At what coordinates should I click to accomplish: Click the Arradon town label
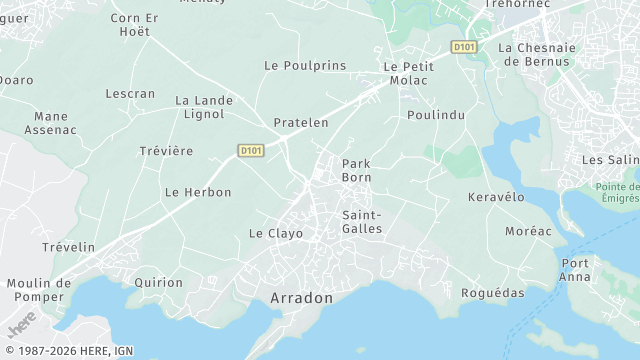tap(301, 298)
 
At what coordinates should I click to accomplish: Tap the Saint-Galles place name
tap(362, 222)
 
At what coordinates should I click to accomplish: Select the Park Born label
tap(357, 170)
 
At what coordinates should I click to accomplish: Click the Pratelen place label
tap(301, 123)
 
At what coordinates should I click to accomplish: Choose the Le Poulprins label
tap(305, 65)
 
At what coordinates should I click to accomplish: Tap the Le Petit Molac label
tap(407, 73)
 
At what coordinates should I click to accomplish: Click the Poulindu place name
tap(437, 115)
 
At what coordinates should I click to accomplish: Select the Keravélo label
tap(496, 197)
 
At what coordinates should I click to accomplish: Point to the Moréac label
tap(528, 231)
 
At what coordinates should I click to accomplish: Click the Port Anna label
tap(575, 270)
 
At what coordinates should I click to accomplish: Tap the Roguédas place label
tap(492, 293)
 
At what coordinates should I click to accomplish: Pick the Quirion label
tap(159, 283)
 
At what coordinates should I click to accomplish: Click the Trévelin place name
tap(68, 247)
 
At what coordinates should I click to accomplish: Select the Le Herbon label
tap(198, 192)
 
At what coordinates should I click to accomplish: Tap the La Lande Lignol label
tap(204, 108)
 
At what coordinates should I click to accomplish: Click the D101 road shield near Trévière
tap(251, 151)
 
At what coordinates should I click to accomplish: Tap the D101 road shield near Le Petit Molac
tap(463, 46)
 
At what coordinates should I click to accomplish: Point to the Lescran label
tap(130, 94)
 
